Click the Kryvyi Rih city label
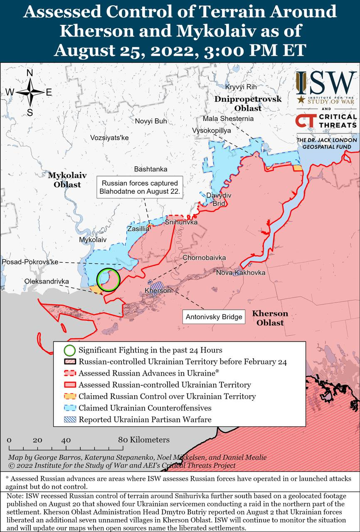pyautogui.click(x=241, y=87)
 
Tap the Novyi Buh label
pyautogui.click(x=150, y=121)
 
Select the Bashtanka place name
pyautogui.click(x=150, y=169)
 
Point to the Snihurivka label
pyautogui.click(x=181, y=222)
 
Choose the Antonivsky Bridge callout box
pyautogui.click(x=214, y=317)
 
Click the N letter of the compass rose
pyautogui.click(x=30, y=73)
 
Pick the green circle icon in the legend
pyautogui.click(x=69, y=350)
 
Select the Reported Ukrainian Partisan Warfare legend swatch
pyautogui.click(x=69, y=419)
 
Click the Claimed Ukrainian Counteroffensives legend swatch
pyautogui.click(x=69, y=408)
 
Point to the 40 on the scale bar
pyautogui.click(x=66, y=440)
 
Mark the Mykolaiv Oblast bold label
pyautogui.click(x=67, y=180)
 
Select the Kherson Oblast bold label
pyautogui.click(x=270, y=318)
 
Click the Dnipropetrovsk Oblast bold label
pyautogui.click(x=248, y=103)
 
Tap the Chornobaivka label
pyautogui.click(x=204, y=258)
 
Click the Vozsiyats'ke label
pyautogui.click(x=109, y=138)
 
